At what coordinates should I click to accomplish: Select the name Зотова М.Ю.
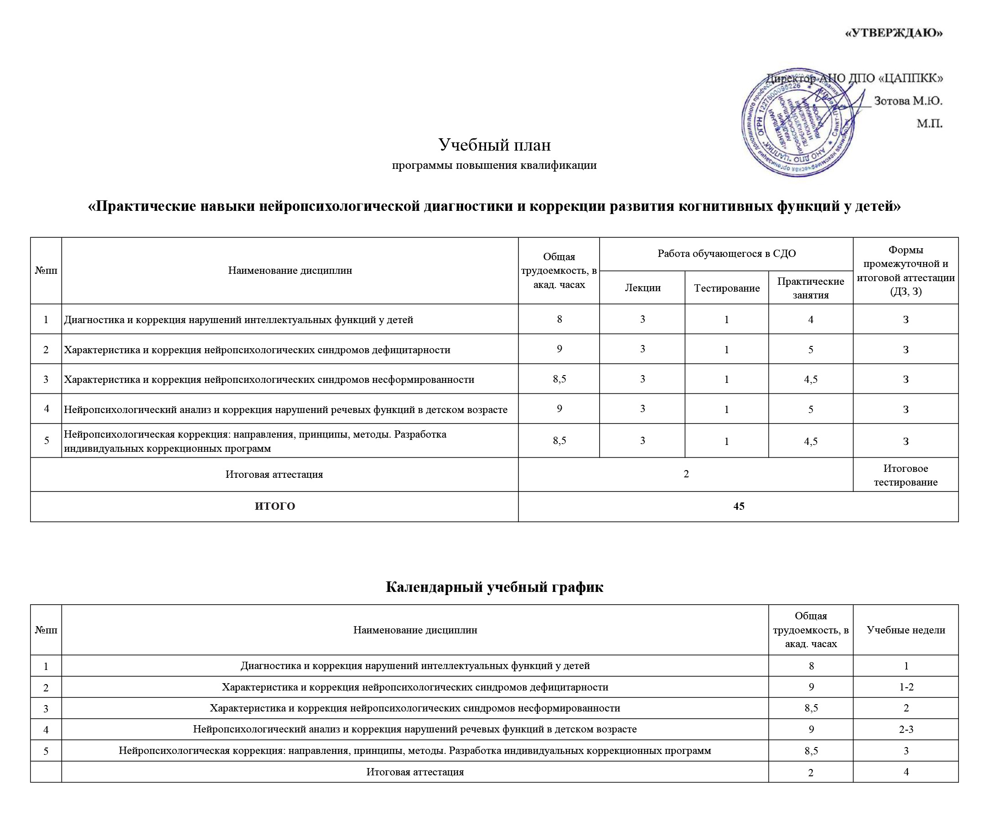908,100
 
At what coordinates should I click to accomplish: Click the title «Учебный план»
494,145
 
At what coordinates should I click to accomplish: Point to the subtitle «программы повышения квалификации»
494,165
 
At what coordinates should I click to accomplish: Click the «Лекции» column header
642,288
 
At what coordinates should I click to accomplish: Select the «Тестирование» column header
727,288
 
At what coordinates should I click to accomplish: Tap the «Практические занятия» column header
811,288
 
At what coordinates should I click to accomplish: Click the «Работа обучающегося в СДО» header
726,254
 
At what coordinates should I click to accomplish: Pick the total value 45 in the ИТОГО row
739,506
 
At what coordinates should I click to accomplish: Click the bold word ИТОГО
274,506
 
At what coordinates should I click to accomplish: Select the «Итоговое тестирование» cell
905,475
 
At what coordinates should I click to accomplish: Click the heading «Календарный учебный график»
494,587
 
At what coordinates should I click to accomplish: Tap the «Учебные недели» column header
906,630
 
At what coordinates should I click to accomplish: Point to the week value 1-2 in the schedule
906,687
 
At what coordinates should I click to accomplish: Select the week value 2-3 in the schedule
906,730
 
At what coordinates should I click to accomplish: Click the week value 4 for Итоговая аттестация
906,772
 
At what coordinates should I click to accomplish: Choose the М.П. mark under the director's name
929,124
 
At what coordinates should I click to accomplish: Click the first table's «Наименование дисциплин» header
290,271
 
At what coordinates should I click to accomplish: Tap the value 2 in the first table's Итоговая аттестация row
686,474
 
